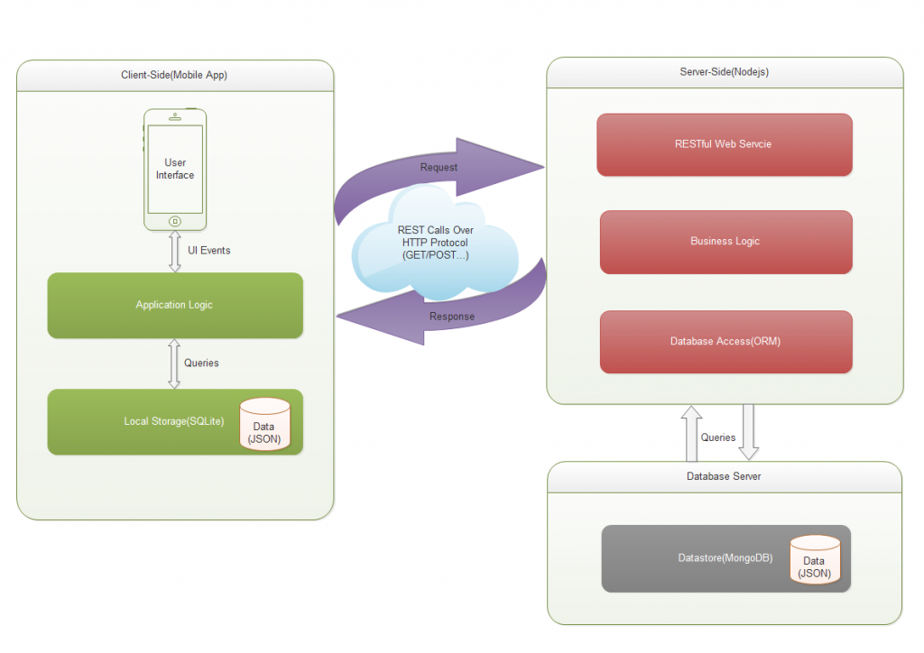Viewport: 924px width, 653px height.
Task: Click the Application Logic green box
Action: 174,306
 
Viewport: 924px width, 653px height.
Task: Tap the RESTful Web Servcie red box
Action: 724,144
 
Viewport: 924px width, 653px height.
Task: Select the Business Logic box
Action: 725,242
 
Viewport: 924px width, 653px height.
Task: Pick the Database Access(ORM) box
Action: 725,342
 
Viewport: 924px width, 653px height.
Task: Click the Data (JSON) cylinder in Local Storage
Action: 264,424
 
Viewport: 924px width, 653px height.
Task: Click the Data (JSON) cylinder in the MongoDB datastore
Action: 815,560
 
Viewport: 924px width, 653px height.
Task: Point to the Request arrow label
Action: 439,168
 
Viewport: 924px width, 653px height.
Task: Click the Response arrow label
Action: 451,317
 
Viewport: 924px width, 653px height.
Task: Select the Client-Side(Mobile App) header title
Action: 174,75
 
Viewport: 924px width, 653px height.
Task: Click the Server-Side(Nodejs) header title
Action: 724,71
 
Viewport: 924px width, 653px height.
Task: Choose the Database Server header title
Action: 724,476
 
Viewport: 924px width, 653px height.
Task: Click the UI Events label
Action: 208,250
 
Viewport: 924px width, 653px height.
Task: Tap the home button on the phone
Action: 175,221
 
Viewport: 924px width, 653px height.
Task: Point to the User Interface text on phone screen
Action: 175,169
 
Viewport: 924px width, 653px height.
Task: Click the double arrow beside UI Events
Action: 175,251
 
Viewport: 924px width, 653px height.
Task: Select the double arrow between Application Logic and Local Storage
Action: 174,363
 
